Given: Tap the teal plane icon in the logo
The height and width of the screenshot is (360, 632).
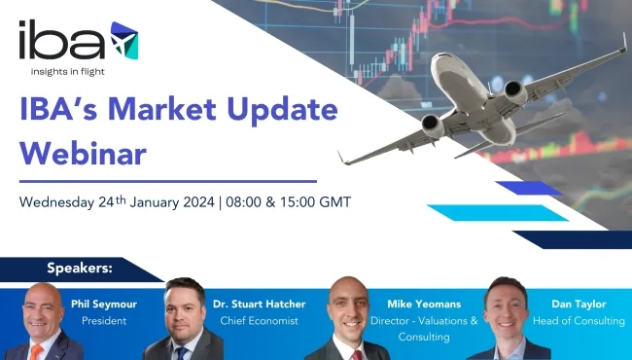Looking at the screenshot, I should pyautogui.click(x=123, y=38).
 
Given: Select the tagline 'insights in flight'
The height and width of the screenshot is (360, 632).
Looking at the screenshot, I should pyautogui.click(x=78, y=73).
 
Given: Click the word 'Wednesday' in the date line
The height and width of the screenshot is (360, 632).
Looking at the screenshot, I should pyautogui.click(x=56, y=203).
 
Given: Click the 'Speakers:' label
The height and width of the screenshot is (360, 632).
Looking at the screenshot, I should pyautogui.click(x=80, y=267).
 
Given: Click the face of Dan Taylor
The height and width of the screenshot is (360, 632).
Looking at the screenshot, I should pyautogui.click(x=507, y=308).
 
